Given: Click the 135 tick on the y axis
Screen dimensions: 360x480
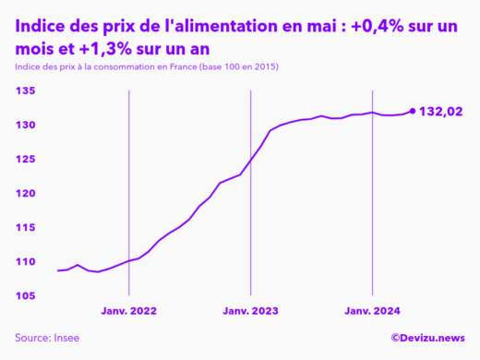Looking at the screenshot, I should click(x=24, y=90).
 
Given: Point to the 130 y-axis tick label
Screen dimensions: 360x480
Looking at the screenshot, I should click(x=24, y=125).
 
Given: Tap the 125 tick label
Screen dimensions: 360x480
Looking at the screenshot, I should click(x=24, y=159).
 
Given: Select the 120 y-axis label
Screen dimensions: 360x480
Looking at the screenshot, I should click(x=24, y=193).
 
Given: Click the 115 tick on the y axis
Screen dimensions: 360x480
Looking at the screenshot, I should click(x=24, y=227).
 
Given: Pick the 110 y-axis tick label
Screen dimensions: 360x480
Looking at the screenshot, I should click(x=24, y=261).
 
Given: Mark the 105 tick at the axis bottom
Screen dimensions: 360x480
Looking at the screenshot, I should click(x=24, y=295).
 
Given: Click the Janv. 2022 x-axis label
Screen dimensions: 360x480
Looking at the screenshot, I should click(x=128, y=312).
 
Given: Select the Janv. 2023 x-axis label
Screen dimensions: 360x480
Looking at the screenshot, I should click(x=251, y=312).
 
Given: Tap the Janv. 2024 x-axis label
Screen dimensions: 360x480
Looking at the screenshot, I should click(x=372, y=312).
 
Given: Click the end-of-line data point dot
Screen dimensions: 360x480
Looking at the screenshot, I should click(x=412, y=111).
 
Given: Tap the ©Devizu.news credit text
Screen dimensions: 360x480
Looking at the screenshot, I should click(x=427, y=339).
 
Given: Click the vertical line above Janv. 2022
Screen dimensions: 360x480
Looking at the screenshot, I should click(x=128, y=185).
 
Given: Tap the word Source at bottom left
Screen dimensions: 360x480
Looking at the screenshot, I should click(x=33, y=339).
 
